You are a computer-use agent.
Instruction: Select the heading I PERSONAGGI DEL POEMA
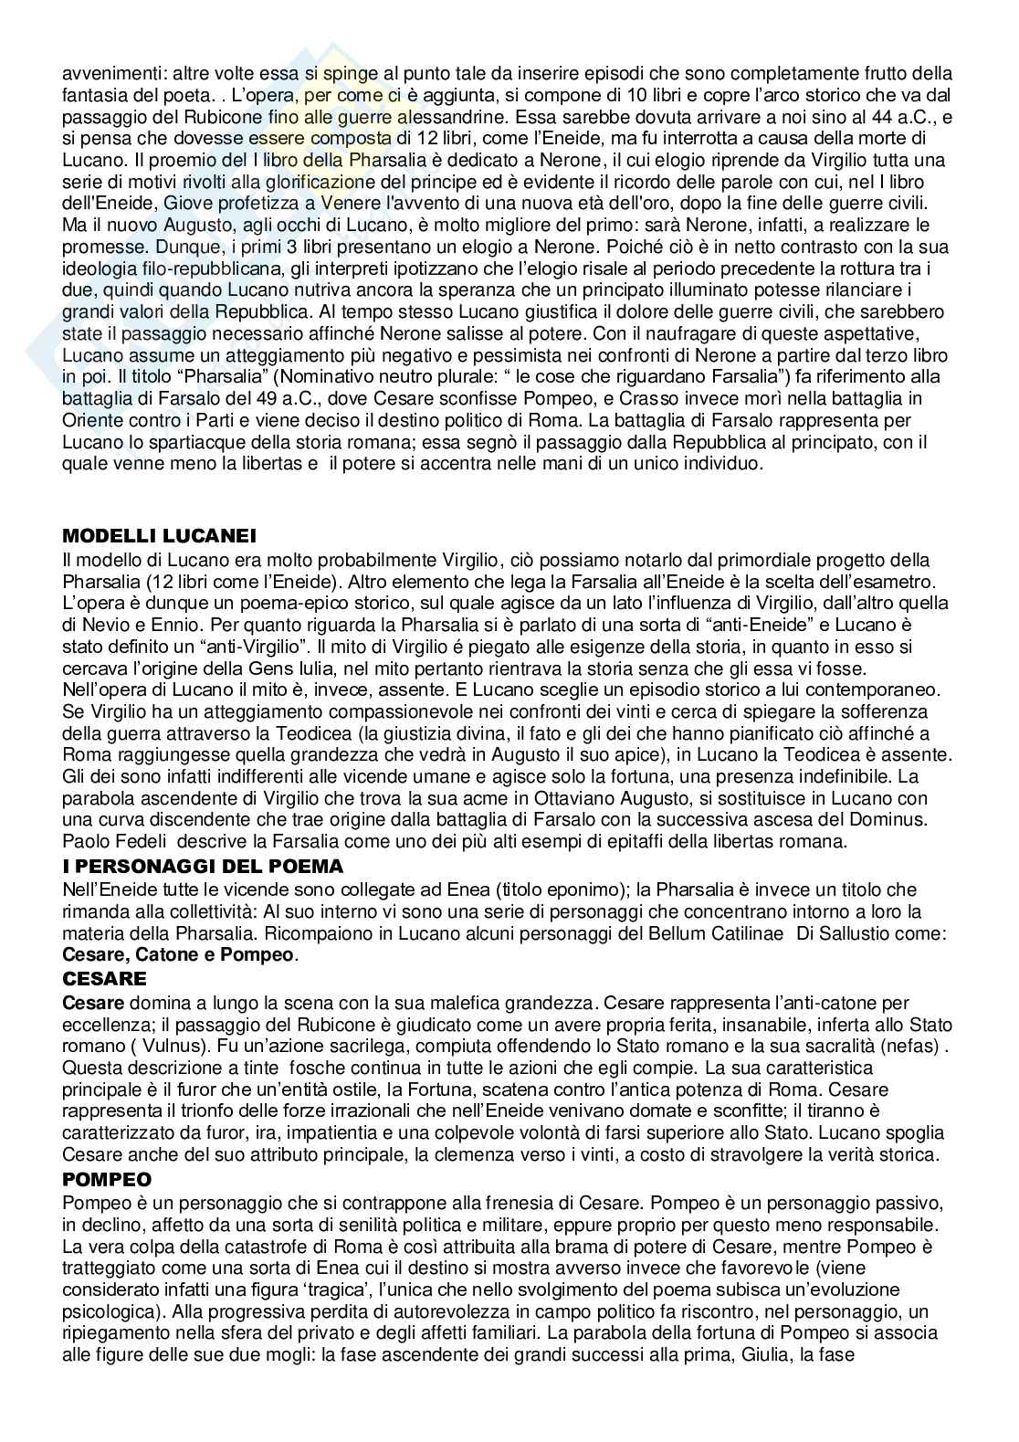click(x=202, y=867)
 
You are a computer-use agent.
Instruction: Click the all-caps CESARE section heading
click(x=104, y=978)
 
